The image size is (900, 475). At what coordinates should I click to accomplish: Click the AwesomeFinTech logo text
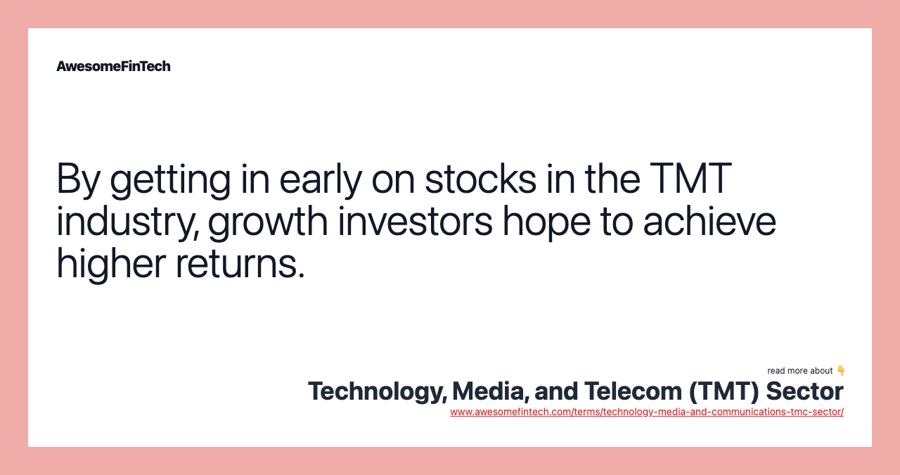click(x=113, y=66)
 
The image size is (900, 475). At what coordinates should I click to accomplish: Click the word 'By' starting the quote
click(x=78, y=179)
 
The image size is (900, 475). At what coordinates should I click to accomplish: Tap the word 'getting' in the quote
click(x=170, y=180)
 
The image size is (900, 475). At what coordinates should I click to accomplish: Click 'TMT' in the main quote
click(x=690, y=179)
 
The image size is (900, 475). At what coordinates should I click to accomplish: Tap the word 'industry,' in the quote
click(x=127, y=222)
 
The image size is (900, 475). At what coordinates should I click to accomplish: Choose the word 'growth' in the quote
click(x=268, y=222)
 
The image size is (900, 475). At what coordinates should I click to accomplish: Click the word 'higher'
click(x=111, y=265)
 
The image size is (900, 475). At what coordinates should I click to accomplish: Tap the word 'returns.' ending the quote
click(x=240, y=265)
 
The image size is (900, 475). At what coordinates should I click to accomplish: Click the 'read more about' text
click(x=799, y=371)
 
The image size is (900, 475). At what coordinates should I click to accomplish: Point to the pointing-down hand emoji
click(x=840, y=370)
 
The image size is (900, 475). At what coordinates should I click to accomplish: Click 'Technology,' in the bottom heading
click(x=377, y=391)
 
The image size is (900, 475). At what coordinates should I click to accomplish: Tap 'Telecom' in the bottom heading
click(x=633, y=391)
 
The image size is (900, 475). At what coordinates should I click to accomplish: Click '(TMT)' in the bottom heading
click(x=724, y=391)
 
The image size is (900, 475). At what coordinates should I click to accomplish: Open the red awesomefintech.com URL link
click(x=646, y=412)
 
